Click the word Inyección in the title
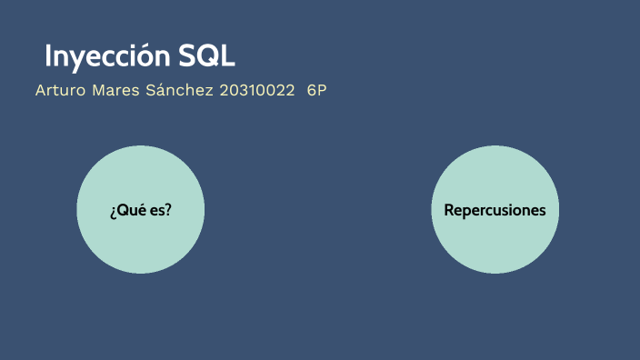coord(106,55)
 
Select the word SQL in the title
coord(205,55)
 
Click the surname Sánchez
coord(180,91)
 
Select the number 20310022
coord(257,91)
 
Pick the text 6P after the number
coord(316,91)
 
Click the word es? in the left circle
coord(161,211)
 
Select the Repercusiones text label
coord(495,210)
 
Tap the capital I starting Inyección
coord(48,55)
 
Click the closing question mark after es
coord(169,210)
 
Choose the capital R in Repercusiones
coord(449,210)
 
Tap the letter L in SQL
coord(226,55)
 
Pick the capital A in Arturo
coord(41,91)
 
